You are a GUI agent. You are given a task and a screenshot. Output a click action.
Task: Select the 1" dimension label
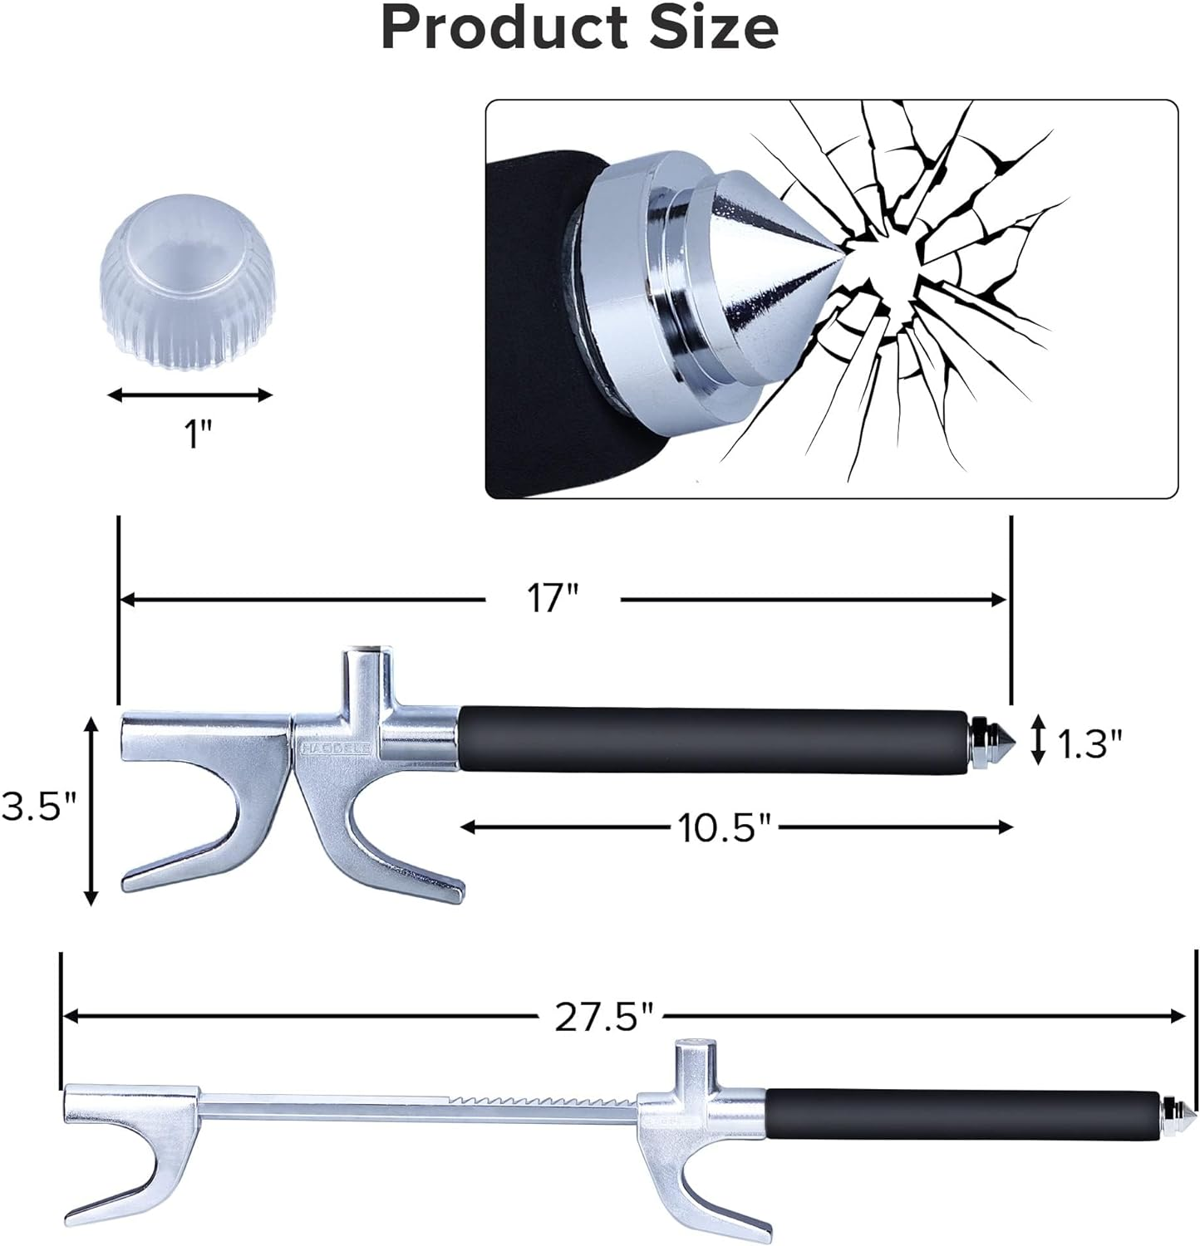point(198,434)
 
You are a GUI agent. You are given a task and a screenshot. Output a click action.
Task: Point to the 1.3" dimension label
point(1089,744)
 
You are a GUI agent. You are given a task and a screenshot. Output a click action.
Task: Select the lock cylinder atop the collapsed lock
point(362,665)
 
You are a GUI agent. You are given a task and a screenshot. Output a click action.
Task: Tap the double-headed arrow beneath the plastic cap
point(190,395)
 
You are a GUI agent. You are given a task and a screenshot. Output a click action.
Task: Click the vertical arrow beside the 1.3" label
point(1037,740)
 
